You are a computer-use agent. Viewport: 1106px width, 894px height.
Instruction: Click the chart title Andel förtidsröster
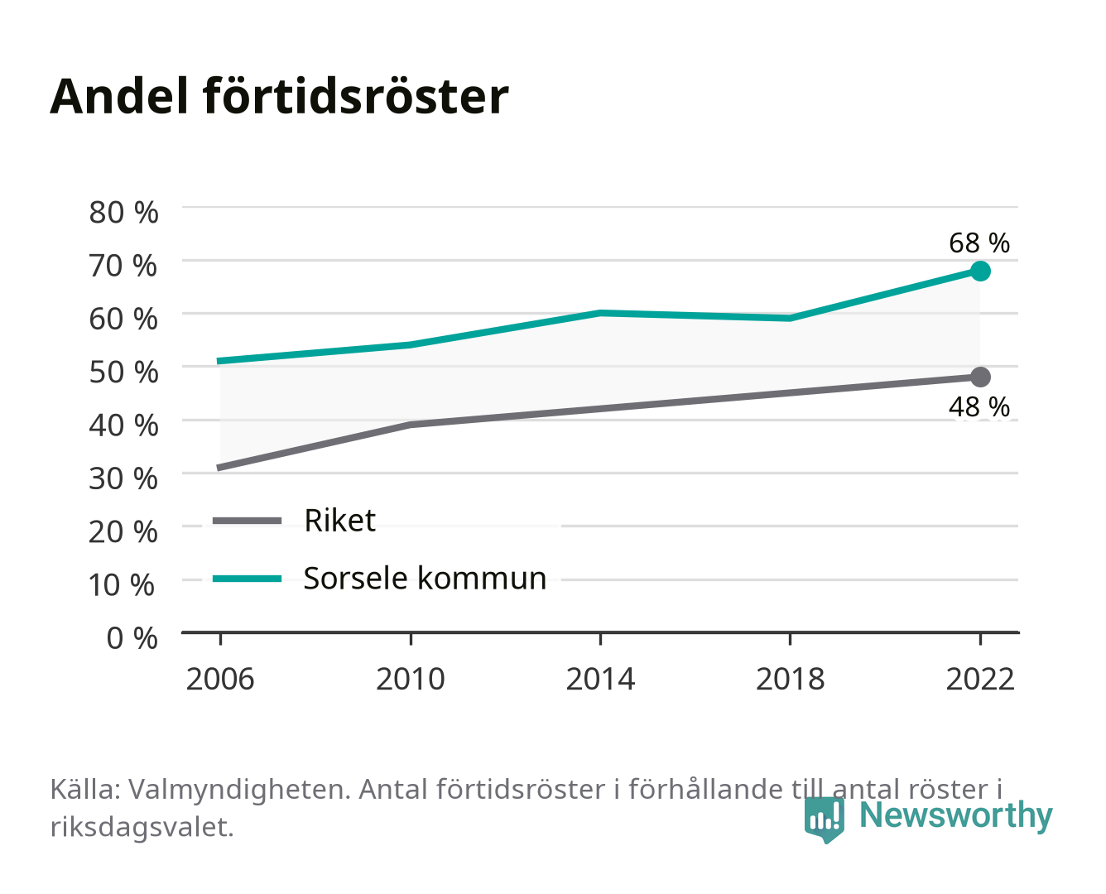[x=279, y=97]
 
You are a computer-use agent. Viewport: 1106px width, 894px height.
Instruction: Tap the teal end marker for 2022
[x=980, y=271]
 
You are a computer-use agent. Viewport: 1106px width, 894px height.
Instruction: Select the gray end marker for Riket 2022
[x=980, y=377]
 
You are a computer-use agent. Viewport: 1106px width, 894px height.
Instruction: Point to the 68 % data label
[x=979, y=243]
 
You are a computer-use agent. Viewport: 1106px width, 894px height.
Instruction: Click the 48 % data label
[x=979, y=407]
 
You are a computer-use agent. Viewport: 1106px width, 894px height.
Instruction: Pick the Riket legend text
[x=339, y=520]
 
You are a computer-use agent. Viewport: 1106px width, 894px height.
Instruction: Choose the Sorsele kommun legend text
[x=425, y=578]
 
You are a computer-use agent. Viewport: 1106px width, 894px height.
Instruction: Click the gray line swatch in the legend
[x=248, y=520]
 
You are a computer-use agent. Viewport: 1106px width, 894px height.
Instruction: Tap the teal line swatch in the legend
[x=248, y=579]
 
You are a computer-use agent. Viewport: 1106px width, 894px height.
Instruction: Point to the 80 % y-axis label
[x=123, y=213]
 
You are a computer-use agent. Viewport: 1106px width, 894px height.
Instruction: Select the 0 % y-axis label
[x=132, y=637]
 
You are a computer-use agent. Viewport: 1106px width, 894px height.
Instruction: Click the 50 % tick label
[x=123, y=372]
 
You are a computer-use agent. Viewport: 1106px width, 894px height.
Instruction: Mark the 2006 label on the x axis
[x=220, y=679]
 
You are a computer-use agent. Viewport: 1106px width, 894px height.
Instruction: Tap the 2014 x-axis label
[x=600, y=679]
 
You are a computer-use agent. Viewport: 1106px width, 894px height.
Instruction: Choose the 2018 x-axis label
[x=790, y=679]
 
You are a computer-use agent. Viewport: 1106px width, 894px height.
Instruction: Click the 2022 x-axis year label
[x=980, y=679]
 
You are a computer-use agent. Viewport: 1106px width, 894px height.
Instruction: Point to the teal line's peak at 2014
[x=600, y=313]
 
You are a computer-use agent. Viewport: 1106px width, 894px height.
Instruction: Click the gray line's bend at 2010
[x=411, y=425]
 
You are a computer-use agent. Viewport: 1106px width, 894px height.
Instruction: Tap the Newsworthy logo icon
[x=824, y=819]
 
